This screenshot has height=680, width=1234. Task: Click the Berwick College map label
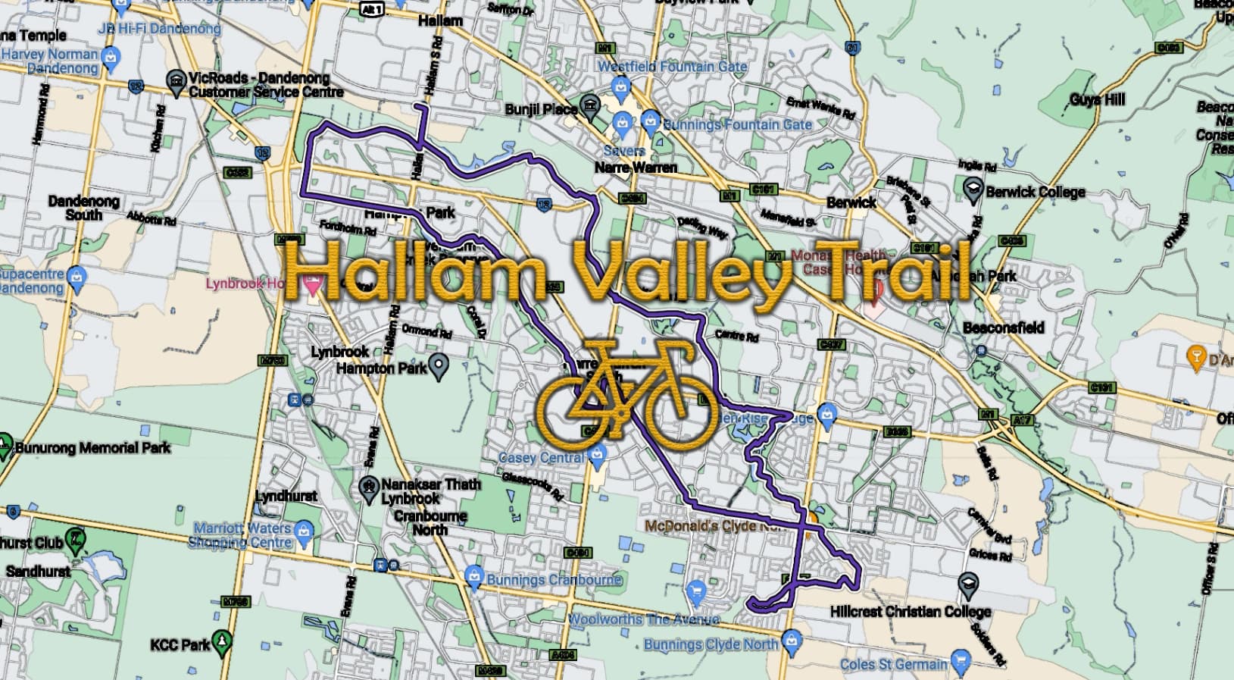point(1035,192)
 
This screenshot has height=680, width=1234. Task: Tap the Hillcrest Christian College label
point(910,611)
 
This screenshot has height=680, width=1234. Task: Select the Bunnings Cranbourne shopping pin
point(474,577)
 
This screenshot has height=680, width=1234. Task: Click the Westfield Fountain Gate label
point(672,67)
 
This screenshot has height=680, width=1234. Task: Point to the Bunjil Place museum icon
point(589,106)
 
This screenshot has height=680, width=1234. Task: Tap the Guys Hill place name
point(1097,99)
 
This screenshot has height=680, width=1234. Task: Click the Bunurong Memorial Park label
point(93,448)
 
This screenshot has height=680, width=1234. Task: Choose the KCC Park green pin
point(221,641)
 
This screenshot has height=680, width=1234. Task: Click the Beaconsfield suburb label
point(1003,327)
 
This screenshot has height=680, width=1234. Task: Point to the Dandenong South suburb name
point(83,208)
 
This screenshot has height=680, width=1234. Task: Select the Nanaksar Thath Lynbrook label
point(430,491)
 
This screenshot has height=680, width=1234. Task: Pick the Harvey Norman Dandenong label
point(51,61)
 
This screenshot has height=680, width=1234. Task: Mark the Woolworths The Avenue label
point(644,619)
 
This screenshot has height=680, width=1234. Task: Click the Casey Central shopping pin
point(598,455)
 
